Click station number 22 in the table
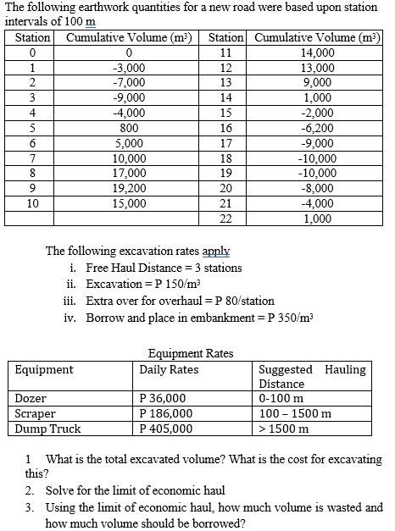(x=225, y=218)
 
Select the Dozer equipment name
(x=31, y=398)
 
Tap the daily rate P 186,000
(x=165, y=413)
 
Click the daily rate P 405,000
(x=165, y=429)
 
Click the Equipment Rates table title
(x=191, y=353)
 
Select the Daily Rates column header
(x=170, y=369)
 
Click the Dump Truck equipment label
(x=48, y=429)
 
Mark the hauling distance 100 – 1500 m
(x=294, y=413)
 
